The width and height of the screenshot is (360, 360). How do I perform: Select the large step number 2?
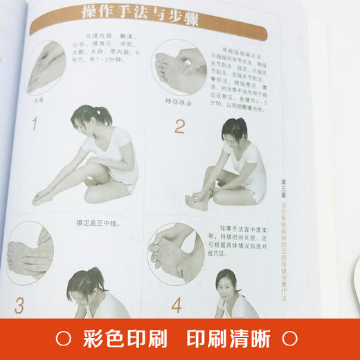click(x=179, y=126)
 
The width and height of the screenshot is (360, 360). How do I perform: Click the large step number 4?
click(x=177, y=304)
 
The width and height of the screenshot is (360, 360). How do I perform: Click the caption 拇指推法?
click(x=173, y=103)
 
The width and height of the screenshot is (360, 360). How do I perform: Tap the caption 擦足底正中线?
click(x=102, y=222)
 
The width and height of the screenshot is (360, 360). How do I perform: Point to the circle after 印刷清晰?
click(x=291, y=339)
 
